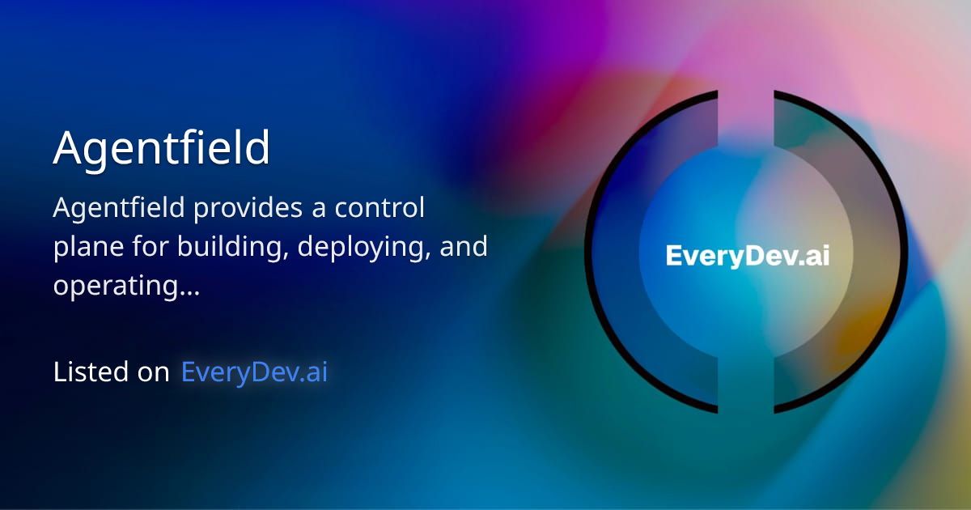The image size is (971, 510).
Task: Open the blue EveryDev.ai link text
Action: click(x=255, y=372)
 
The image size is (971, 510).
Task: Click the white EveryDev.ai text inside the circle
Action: click(x=747, y=256)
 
